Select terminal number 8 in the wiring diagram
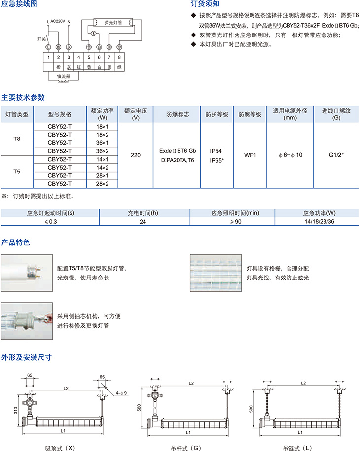coord(120,57)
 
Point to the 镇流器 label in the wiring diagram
coord(64,77)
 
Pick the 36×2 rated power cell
coord(103,151)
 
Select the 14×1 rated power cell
coord(103,159)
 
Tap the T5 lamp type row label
coord(17,172)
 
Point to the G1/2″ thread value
coord(336,155)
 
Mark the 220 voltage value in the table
coord(136,155)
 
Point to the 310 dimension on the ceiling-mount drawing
coord(16,410)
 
